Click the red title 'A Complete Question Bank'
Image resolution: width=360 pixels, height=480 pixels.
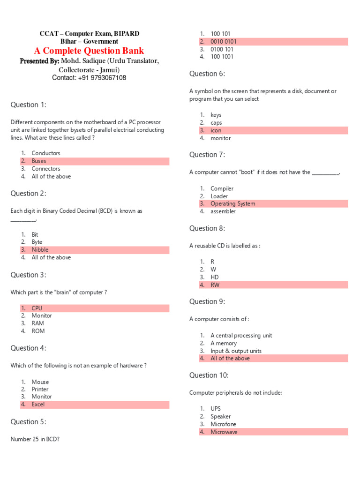pyautogui.click(x=89, y=51)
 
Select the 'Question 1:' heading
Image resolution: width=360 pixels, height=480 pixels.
pyautogui.click(x=29, y=105)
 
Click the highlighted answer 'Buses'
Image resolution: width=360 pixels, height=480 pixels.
pyautogui.click(x=39, y=161)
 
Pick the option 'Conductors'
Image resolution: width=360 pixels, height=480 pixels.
pyautogui.click(x=45, y=153)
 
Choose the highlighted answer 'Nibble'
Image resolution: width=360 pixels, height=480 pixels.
pyautogui.click(x=40, y=250)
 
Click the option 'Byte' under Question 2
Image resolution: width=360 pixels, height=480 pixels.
pyautogui.click(x=37, y=242)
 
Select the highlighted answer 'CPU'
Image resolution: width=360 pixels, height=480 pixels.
pyautogui.click(x=37, y=308)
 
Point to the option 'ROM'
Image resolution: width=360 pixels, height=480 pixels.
pyautogui.click(x=38, y=331)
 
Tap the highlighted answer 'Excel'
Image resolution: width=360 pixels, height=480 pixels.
pyautogui.click(x=38, y=404)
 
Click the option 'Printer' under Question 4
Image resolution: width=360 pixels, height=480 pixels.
pyautogui.click(x=40, y=389)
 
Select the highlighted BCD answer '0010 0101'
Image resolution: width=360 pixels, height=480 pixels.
pyautogui.click(x=224, y=42)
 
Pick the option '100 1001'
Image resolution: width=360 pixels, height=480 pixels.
pyautogui.click(x=222, y=57)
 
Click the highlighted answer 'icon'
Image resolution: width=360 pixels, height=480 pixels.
pyautogui.click(x=216, y=130)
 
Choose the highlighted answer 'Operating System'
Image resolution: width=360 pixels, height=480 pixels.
pyautogui.click(x=232, y=203)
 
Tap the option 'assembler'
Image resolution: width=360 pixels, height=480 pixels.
pyautogui.click(x=223, y=211)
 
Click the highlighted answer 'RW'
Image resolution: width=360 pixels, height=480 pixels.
pyautogui.click(x=215, y=285)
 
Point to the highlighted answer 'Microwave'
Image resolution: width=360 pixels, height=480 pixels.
pyautogui.click(x=224, y=432)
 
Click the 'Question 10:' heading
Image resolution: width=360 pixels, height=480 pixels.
pyautogui.click(x=209, y=375)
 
